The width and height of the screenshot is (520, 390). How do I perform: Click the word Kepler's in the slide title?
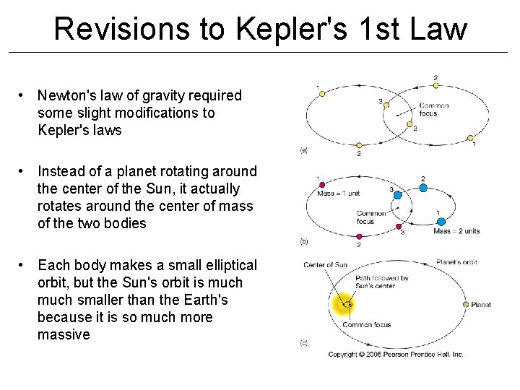click(x=277, y=29)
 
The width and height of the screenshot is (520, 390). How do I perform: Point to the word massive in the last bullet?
click(x=64, y=334)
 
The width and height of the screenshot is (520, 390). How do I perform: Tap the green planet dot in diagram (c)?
click(x=465, y=305)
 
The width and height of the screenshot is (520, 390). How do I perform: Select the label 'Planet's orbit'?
click(x=456, y=262)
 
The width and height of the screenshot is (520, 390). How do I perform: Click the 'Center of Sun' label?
click(x=326, y=265)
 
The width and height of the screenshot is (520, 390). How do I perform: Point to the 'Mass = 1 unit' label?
click(x=339, y=193)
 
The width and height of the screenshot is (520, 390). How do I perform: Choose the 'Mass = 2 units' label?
click(x=456, y=231)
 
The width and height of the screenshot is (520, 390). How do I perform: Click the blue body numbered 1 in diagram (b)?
click(x=441, y=222)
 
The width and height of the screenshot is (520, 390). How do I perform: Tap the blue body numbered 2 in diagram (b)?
click(x=422, y=187)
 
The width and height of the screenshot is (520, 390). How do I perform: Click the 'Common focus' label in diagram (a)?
click(x=433, y=109)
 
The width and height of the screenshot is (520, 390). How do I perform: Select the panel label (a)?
click(x=303, y=151)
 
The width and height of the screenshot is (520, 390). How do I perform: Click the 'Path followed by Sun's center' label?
click(x=382, y=282)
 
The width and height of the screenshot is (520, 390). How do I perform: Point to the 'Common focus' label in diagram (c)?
click(x=366, y=325)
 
